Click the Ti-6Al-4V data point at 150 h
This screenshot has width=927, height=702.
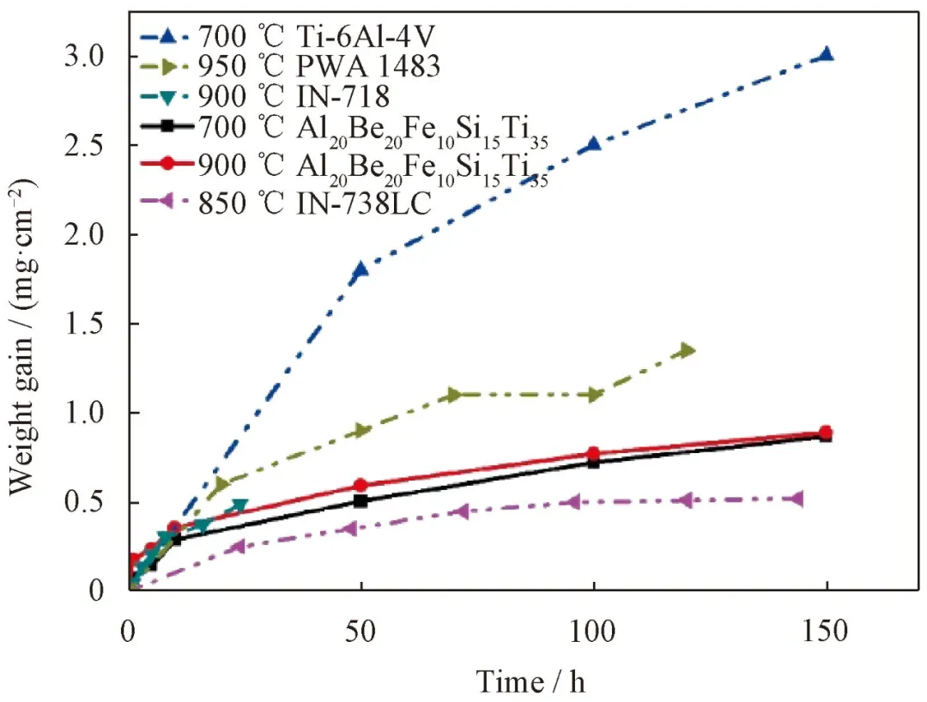pos(826,55)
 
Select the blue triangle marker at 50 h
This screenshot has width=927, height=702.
pos(360,269)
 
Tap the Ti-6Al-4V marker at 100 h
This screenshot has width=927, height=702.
pos(593,144)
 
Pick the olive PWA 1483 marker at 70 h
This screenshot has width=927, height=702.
pos(455,395)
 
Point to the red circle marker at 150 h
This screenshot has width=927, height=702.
pos(826,433)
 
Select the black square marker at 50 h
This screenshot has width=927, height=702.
pos(360,500)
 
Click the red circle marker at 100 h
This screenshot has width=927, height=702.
pos(593,454)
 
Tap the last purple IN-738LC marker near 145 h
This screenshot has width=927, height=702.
pos(797,499)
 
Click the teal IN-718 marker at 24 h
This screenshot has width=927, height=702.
pos(240,506)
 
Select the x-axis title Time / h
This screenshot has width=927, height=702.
pos(532,681)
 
